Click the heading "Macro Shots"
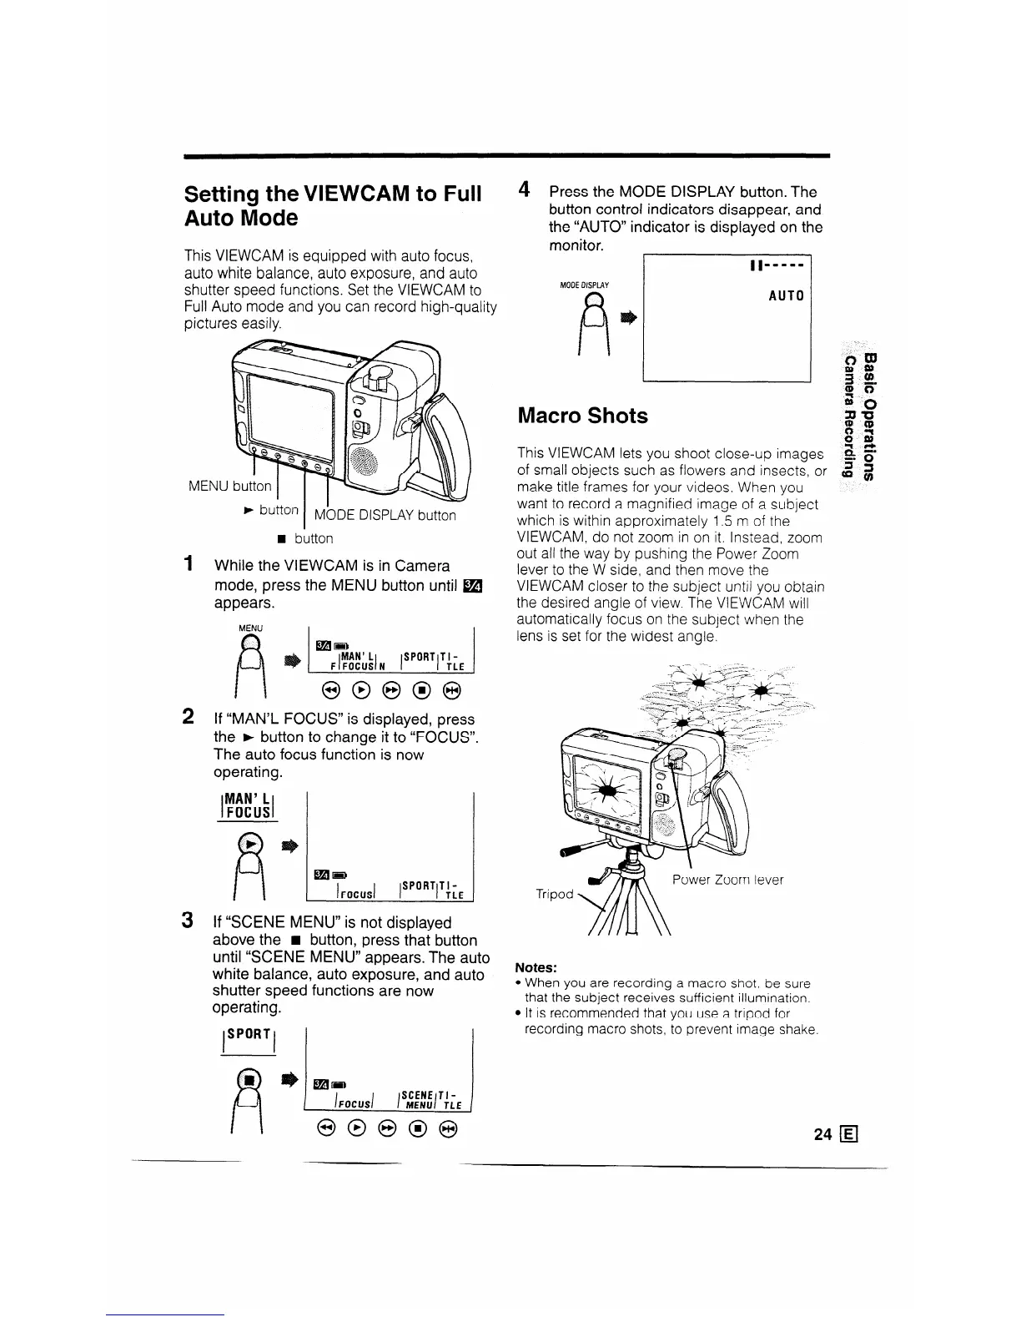582,416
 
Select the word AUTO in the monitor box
787,296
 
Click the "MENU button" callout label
229,486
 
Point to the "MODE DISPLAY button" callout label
385,515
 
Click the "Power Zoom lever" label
727,879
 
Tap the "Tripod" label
555,894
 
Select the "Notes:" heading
536,967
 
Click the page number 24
823,1134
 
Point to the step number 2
189,717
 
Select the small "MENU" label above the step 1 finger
250,628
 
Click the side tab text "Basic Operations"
871,417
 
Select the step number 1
190,564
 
